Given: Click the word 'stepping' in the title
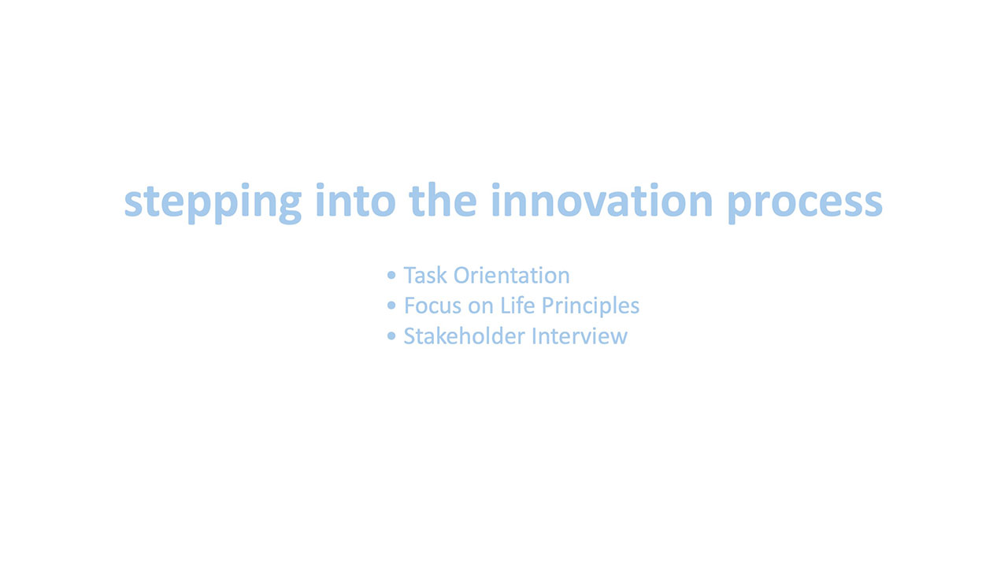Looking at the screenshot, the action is (213, 203).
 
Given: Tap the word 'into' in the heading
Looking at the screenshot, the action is (356, 200).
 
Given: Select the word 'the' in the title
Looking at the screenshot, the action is (443, 199).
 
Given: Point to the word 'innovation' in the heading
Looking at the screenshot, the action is (602, 200).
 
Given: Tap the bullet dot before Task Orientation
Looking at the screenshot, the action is (391, 275).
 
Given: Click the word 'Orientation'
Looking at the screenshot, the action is (512, 275).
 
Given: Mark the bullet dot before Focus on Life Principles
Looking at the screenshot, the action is (391, 305).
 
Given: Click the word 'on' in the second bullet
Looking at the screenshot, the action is (480, 308).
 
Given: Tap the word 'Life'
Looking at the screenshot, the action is (518, 305).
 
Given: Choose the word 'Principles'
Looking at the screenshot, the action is (591, 307).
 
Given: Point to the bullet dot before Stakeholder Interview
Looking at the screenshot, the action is (391, 335).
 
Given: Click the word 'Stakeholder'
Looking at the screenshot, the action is (465, 335).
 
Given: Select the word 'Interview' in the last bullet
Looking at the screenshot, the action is (580, 335).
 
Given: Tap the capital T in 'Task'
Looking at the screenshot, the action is (411, 276).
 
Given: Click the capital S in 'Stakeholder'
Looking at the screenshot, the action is (410, 336).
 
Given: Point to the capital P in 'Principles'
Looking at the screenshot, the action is (549, 306).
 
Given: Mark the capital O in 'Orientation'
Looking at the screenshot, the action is (462, 276).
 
